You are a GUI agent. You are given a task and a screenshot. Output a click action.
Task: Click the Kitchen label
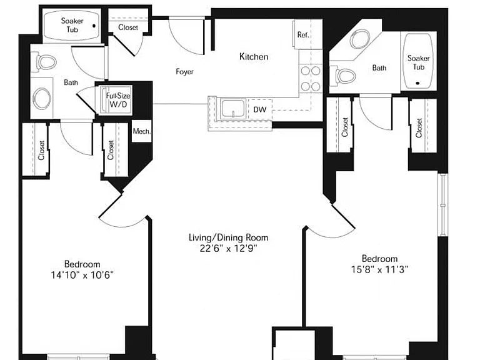[x=254, y=57]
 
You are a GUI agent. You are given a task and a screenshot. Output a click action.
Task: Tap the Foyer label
[x=184, y=72]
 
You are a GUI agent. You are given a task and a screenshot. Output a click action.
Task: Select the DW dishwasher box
[x=259, y=109]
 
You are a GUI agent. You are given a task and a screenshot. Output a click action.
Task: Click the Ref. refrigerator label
[x=302, y=34]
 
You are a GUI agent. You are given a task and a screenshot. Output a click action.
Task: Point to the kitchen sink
[x=233, y=108]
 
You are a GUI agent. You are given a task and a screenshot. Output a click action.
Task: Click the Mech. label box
[x=142, y=131]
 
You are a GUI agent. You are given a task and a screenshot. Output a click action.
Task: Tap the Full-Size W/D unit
[x=118, y=100]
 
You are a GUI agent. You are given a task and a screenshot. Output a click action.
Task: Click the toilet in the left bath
[x=46, y=62]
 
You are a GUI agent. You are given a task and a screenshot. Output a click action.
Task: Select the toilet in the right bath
[x=346, y=75]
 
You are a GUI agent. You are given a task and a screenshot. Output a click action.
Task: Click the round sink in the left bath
[x=42, y=99]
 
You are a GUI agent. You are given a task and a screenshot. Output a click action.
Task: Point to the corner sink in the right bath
[x=360, y=39]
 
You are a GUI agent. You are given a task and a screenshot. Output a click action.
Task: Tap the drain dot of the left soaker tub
[x=94, y=26]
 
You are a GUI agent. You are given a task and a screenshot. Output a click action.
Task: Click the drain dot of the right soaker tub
[x=418, y=83]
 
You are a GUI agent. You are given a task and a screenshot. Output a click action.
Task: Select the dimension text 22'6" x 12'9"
[x=228, y=248]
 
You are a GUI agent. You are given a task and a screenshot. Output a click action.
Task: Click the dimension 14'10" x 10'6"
[x=82, y=275]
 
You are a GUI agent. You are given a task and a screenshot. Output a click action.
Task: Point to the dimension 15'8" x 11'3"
[x=379, y=269]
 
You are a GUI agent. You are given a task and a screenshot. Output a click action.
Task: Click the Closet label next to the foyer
[x=128, y=27]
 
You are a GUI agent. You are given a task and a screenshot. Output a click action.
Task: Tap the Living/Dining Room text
[x=228, y=237]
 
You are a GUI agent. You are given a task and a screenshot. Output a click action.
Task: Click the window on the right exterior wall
[x=442, y=204]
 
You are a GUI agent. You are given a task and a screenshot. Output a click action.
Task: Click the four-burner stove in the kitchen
[x=311, y=79]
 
